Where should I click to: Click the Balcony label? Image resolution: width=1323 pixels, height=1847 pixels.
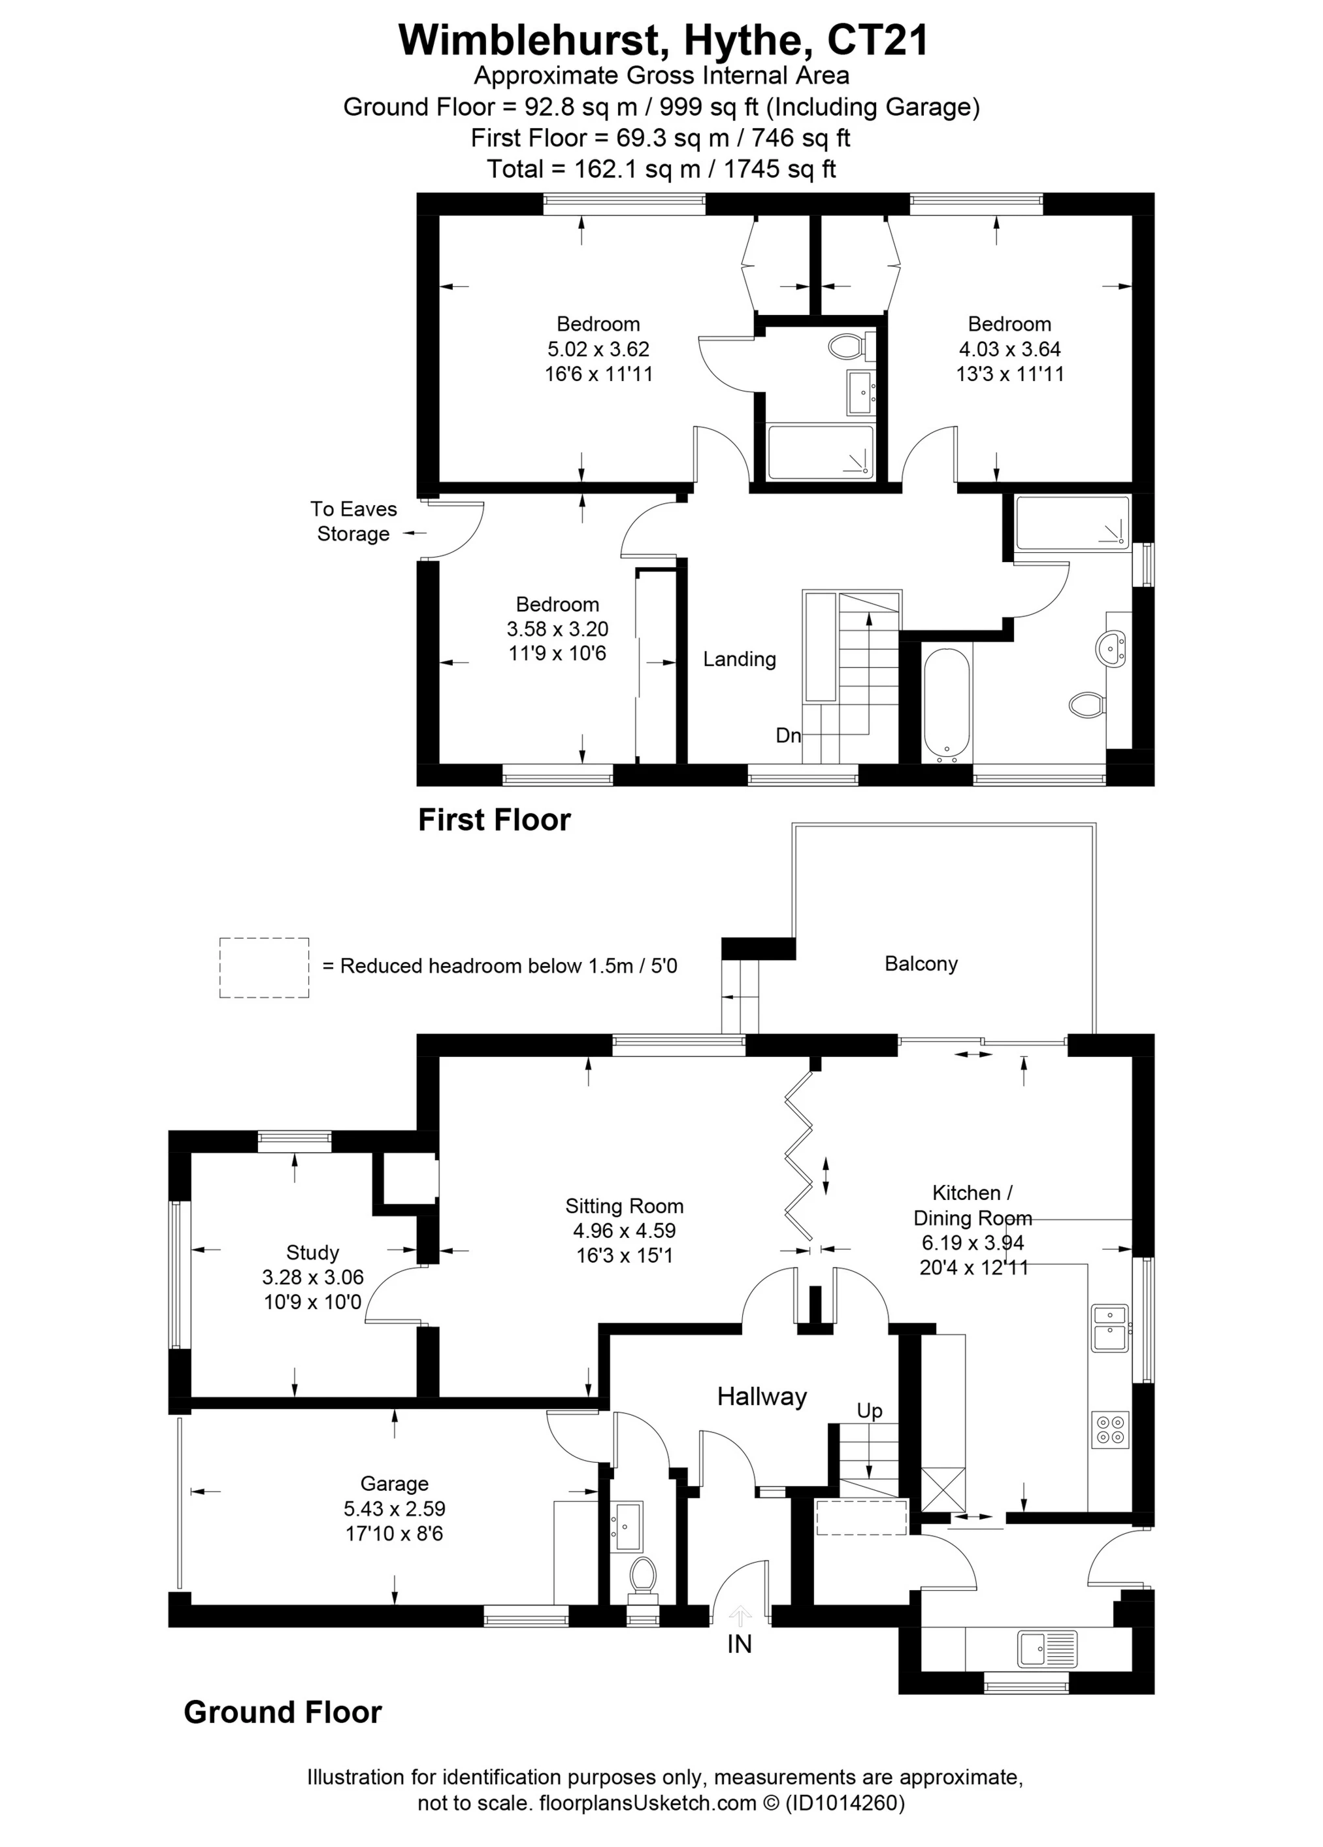[x=920, y=963]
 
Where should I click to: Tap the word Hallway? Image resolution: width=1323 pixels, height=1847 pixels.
[x=761, y=1397]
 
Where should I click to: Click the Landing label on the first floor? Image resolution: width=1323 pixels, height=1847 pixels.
[x=740, y=659]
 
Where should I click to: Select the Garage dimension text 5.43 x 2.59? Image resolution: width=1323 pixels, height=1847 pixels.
[x=394, y=1508]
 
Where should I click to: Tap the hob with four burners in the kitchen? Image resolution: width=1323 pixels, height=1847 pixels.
[x=1110, y=1429]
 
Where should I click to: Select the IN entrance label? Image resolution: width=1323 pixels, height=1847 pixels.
[x=740, y=1645]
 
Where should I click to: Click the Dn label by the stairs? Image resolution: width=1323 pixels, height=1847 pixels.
[x=787, y=736]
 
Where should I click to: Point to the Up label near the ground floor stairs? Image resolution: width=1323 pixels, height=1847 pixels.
[x=869, y=1411]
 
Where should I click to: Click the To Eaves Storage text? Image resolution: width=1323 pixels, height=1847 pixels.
[x=353, y=521]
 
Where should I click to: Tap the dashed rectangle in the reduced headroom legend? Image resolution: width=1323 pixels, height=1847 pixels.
[x=264, y=967]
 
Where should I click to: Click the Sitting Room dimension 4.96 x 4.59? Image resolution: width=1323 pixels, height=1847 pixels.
[x=624, y=1231]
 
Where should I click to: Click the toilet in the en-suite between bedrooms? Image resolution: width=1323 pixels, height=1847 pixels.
[x=846, y=347]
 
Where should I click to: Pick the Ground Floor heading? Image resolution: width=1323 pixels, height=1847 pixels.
[x=282, y=1712]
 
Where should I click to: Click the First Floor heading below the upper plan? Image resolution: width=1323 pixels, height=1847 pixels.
[x=494, y=820]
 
